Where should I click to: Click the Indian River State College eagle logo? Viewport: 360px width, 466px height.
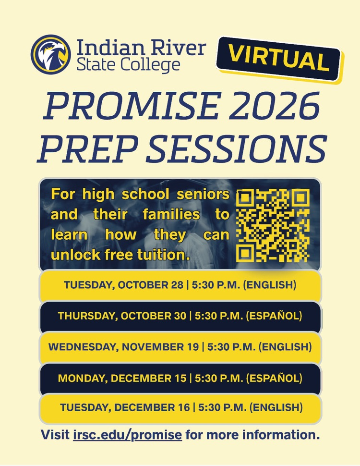[x=50, y=54]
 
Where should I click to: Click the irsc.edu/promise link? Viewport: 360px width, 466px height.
[x=127, y=435]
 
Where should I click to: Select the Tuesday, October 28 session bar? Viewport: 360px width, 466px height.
[x=180, y=285]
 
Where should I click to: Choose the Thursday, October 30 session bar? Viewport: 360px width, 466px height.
[x=180, y=316]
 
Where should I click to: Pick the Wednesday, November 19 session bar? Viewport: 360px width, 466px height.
[x=180, y=346]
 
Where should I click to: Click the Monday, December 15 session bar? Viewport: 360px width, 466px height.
[x=180, y=378]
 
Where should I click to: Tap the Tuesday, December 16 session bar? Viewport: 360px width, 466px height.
[x=180, y=408]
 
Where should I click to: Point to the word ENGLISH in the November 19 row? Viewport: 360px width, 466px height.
[x=286, y=346]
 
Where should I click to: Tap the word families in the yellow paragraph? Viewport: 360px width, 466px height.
[x=171, y=215]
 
